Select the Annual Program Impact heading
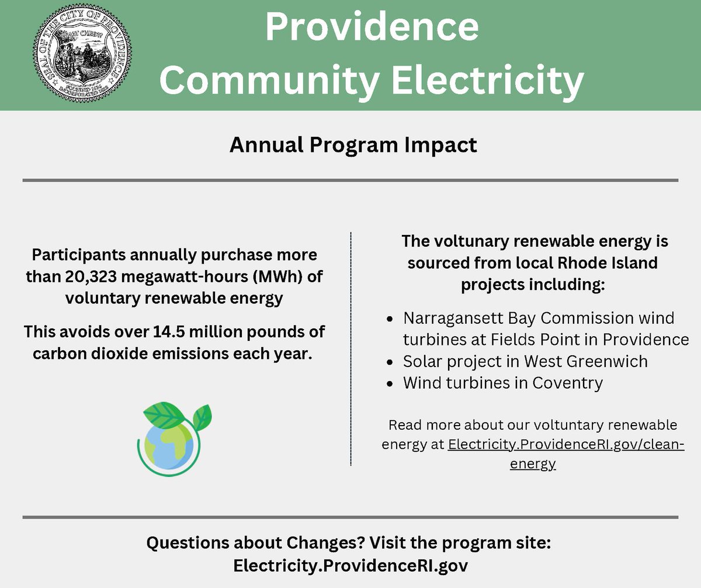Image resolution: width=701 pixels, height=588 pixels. (x=353, y=144)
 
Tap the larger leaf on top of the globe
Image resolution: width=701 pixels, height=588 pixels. (x=164, y=416)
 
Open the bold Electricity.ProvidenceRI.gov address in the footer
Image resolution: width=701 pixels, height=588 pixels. (x=350, y=566)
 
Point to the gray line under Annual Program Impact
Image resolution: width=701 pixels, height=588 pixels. (x=350, y=180)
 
